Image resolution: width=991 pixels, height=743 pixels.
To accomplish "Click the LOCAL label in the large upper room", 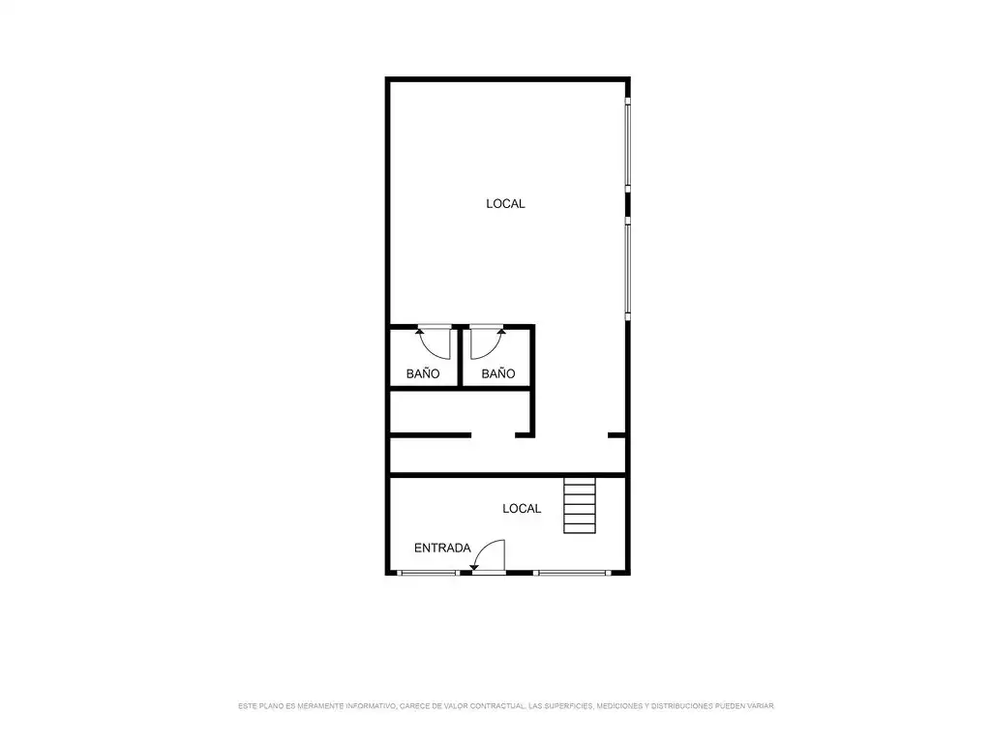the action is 505,203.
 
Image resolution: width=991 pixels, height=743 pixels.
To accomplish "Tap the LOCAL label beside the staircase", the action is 522,509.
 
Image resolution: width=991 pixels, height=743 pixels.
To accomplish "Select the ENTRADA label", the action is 442,548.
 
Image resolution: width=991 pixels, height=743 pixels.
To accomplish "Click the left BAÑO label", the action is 423,373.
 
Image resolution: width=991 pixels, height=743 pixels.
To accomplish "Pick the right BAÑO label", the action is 498,373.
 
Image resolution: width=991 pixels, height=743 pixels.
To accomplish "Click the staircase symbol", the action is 580,505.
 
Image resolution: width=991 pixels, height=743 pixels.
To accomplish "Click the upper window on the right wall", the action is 627,145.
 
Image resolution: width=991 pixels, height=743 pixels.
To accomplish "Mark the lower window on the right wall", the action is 627,269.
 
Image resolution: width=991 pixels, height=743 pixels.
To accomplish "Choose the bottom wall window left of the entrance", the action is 428,573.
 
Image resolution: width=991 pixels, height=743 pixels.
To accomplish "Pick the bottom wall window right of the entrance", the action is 572,573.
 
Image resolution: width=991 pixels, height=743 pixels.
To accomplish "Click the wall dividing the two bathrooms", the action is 460,356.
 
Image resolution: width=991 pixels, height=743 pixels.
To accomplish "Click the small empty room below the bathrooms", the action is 460,412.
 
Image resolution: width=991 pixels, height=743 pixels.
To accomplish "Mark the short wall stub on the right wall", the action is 616,434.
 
